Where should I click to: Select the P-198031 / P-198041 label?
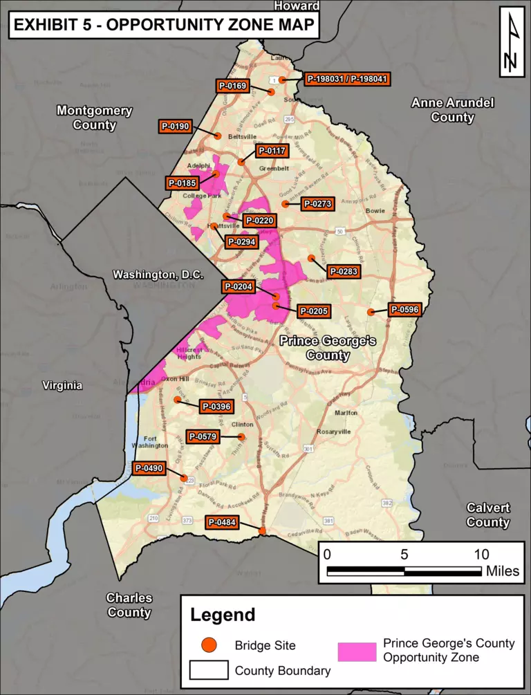click(x=346, y=80)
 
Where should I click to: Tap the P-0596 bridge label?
click(x=404, y=310)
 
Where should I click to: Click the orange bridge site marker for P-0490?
click(x=184, y=478)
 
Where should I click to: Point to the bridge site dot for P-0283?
click(x=311, y=258)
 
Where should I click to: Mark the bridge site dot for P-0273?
click(x=285, y=204)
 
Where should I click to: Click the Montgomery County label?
click(x=95, y=118)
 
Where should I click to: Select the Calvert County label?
click(x=487, y=515)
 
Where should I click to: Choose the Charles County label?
click(x=129, y=604)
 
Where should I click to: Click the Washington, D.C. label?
click(x=158, y=275)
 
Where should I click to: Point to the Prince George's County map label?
click(x=328, y=348)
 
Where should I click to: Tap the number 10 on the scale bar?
click(x=481, y=555)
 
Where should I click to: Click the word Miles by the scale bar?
click(x=502, y=572)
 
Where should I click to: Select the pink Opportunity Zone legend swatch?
click(x=357, y=651)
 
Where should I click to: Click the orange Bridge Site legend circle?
click(x=208, y=645)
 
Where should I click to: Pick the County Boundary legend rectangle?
click(x=208, y=670)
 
